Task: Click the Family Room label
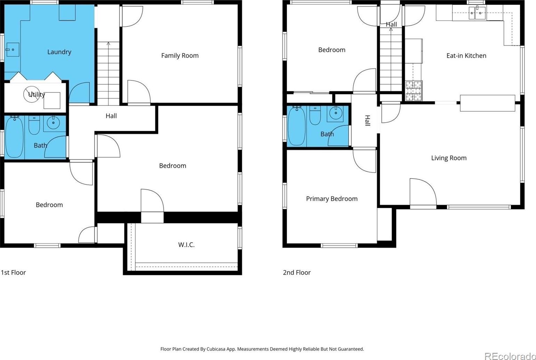(x=180, y=56)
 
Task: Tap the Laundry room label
(x=59, y=52)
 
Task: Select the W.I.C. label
(x=187, y=245)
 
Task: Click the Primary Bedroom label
(x=332, y=199)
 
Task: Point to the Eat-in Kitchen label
(x=467, y=56)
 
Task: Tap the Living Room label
(x=449, y=158)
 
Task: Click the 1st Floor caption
(x=14, y=273)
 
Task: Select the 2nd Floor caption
(x=297, y=273)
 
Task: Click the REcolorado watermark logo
(x=510, y=356)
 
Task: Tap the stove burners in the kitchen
(x=414, y=91)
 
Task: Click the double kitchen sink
(x=477, y=13)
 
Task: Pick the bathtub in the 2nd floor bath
(x=297, y=126)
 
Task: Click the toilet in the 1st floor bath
(x=34, y=125)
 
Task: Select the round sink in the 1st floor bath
(x=53, y=123)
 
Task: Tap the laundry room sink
(x=13, y=50)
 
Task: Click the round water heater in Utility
(x=32, y=94)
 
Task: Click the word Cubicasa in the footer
(x=216, y=349)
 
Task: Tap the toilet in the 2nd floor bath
(x=315, y=116)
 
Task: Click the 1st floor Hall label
(x=111, y=116)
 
